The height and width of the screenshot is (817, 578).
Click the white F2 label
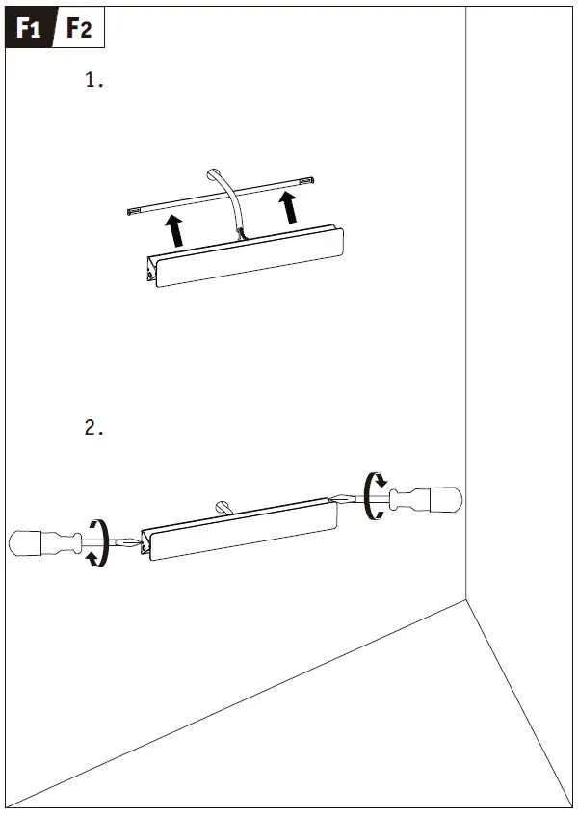(79, 29)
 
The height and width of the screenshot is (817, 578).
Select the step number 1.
(93, 81)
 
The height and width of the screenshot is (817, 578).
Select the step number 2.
(93, 427)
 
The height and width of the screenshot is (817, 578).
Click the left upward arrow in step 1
(173, 232)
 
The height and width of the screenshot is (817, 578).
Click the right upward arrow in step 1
(288, 206)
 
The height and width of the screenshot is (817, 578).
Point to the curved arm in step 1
(227, 193)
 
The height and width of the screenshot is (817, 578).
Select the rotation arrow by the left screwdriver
(96, 542)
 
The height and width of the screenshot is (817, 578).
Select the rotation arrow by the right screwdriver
(375, 495)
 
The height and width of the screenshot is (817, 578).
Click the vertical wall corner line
(466, 289)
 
